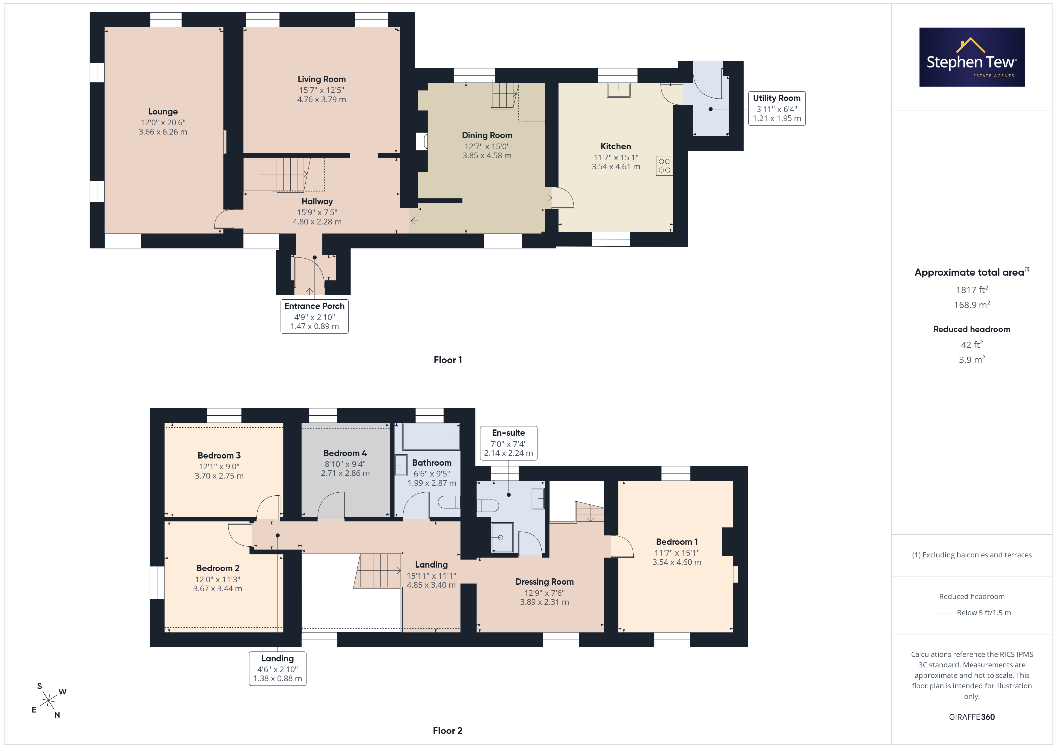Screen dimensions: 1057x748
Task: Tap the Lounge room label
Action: click(163, 111)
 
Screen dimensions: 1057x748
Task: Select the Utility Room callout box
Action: click(777, 108)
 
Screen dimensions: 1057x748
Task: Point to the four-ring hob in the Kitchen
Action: click(664, 166)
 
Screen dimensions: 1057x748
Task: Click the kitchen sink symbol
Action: click(619, 90)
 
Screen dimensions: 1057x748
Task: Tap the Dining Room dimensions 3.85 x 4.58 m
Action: click(487, 156)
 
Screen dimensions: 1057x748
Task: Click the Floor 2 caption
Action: click(448, 731)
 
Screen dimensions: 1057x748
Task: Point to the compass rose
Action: click(48, 701)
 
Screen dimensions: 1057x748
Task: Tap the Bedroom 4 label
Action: click(345, 453)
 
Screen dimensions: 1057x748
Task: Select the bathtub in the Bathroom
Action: click(431, 437)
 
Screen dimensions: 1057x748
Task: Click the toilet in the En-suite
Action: click(487, 506)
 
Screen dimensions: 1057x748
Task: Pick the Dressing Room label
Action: click(544, 582)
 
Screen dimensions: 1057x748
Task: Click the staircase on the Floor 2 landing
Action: click(378, 571)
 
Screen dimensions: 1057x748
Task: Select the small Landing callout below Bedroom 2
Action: click(278, 668)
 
